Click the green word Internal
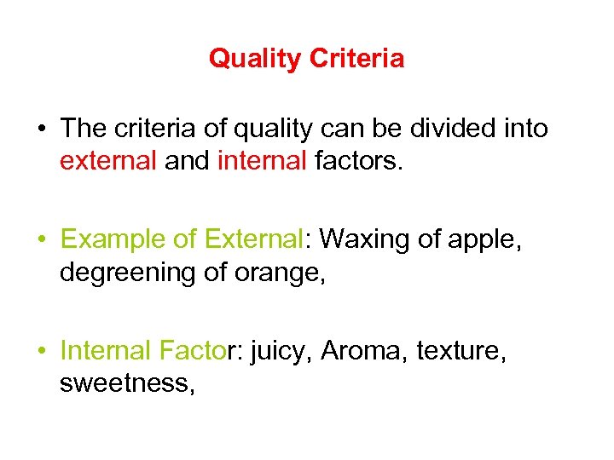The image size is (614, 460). tap(106, 350)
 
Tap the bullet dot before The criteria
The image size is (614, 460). tap(41, 129)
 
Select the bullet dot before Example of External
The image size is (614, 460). tap(41, 240)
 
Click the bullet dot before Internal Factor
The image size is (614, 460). tap(41, 351)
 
